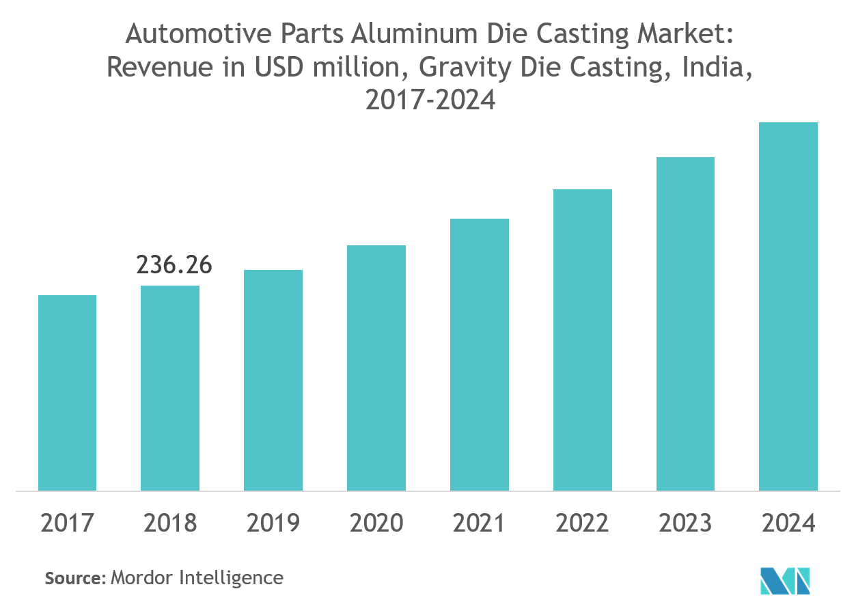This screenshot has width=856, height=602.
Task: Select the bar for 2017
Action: coord(67,393)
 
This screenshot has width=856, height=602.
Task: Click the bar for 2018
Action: coord(170,388)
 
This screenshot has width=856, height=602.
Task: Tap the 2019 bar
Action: coord(273,380)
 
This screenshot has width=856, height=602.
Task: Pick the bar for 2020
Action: coord(376,368)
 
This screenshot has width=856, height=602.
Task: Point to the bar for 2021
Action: coord(480,355)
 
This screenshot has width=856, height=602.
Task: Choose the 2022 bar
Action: coord(583,340)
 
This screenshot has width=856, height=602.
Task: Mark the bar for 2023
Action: coord(685,324)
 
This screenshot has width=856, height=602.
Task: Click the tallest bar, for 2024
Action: coord(788,306)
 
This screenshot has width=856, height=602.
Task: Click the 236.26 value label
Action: coord(174,264)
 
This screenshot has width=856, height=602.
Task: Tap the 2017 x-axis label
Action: coord(67,523)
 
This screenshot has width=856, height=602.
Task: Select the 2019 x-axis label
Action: coord(273,523)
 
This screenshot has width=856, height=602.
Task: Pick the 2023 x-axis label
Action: coord(685,523)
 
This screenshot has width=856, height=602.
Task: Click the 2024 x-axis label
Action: coord(788,523)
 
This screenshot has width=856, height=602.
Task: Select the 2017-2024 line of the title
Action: coord(430,100)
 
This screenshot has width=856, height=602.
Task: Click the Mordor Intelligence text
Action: coord(197,578)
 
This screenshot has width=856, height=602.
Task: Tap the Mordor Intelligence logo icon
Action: coord(786,579)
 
